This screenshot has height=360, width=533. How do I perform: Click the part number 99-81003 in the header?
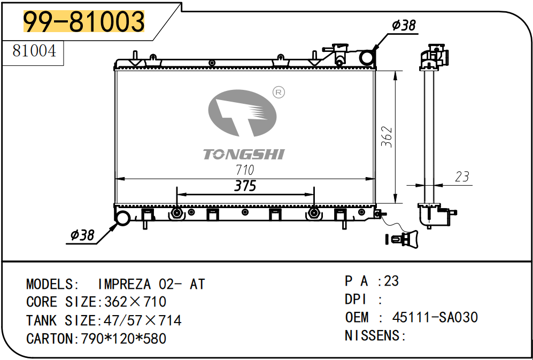(84, 22)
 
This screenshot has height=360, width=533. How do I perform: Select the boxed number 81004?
(34, 51)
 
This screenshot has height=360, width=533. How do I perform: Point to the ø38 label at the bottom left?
(82, 235)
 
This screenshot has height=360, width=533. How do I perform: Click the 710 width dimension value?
(244, 170)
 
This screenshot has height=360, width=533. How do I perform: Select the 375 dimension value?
(245, 186)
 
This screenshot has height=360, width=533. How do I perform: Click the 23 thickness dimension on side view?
(462, 176)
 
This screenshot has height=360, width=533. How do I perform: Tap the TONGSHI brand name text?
(244, 155)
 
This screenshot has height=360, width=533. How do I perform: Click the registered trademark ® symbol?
(278, 93)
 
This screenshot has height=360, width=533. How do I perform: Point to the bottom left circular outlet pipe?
(123, 218)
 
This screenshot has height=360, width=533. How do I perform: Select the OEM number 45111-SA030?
(435, 317)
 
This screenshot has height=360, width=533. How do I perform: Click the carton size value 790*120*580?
(123, 339)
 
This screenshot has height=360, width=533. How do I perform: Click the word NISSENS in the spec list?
(372, 335)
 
